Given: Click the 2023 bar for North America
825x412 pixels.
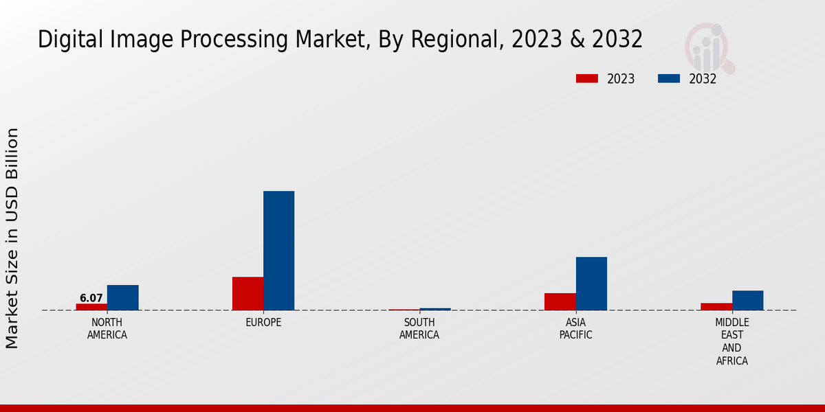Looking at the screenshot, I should (x=91, y=307).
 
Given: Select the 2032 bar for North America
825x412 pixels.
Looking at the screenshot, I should (x=122, y=297).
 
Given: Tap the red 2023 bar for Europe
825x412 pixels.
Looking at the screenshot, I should (x=247, y=293).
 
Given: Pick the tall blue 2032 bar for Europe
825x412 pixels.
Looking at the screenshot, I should (x=278, y=251).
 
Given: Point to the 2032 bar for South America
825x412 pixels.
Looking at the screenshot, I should (x=435, y=309).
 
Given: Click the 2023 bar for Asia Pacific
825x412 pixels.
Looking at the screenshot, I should (x=560, y=301).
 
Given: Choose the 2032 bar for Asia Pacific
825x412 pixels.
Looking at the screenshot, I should (x=591, y=284).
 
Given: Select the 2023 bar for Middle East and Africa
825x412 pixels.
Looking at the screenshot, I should (x=716, y=306).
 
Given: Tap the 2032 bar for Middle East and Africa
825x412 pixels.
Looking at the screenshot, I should (x=747, y=300).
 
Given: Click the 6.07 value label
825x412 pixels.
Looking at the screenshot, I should (x=91, y=298).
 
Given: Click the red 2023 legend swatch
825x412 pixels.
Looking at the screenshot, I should (x=586, y=79).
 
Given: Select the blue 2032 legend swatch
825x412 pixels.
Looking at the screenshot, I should (x=668, y=79).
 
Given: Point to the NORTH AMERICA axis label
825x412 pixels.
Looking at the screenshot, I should (x=107, y=329).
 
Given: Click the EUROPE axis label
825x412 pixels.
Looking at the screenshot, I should (x=263, y=323).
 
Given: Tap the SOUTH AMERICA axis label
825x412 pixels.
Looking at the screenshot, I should (x=419, y=329).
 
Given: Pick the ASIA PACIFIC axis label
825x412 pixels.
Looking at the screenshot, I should (x=575, y=329).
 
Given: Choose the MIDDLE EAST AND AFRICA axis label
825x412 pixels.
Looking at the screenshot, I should (x=731, y=342).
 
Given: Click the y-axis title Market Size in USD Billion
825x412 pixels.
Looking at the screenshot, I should (x=12, y=238).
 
